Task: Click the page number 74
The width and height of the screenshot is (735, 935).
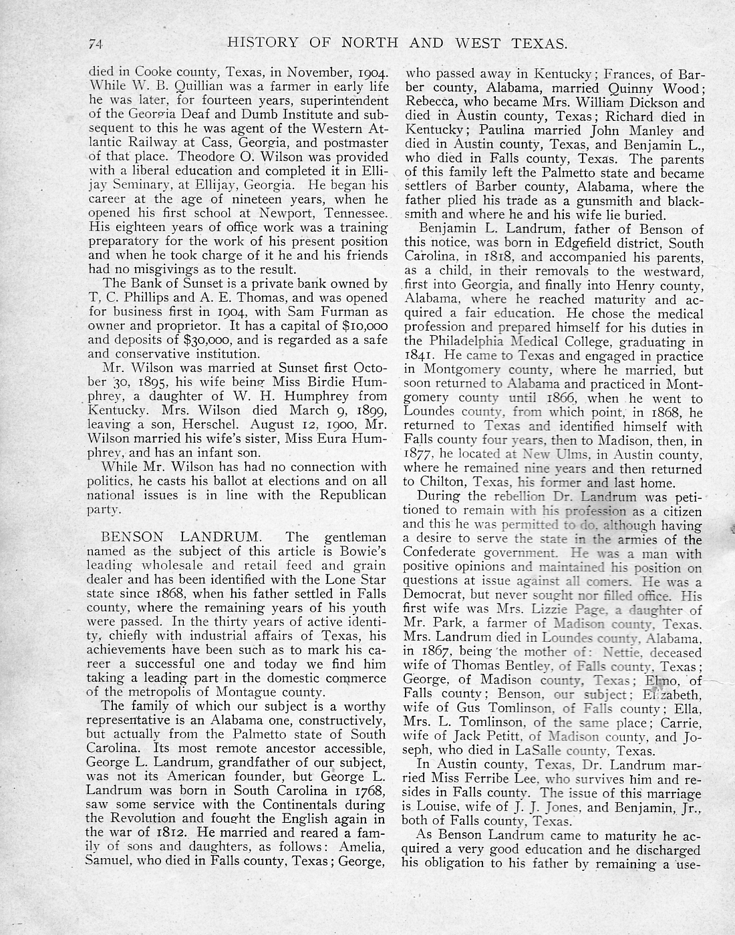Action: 94,44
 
